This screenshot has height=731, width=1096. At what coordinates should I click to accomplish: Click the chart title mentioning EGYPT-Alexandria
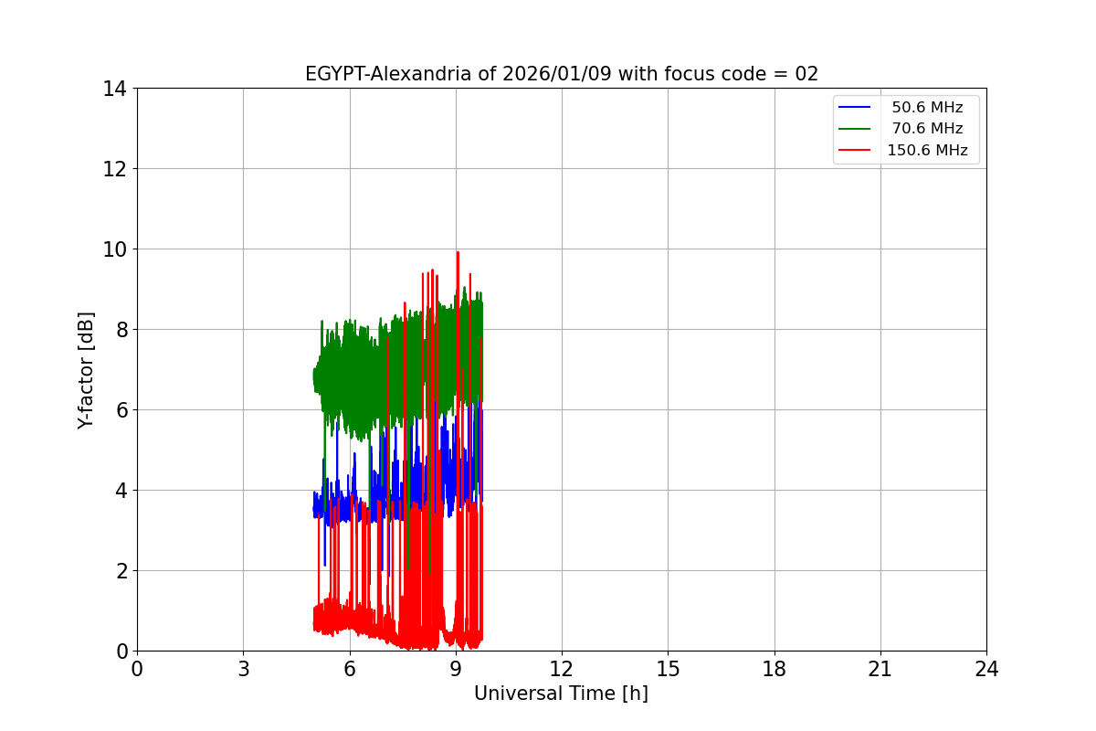click(x=561, y=74)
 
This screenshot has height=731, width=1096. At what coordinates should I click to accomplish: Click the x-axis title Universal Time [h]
click(x=561, y=694)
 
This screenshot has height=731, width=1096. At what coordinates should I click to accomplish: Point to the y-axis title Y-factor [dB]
click(x=86, y=370)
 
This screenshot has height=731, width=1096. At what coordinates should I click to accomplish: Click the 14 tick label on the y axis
click(x=114, y=89)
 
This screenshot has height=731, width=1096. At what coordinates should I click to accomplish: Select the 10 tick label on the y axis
click(x=114, y=249)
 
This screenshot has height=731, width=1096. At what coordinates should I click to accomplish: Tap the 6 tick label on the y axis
click(x=120, y=410)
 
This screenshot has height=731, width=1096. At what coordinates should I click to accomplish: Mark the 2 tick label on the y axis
click(x=120, y=571)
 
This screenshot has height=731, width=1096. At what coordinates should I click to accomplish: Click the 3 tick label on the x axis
click(x=243, y=670)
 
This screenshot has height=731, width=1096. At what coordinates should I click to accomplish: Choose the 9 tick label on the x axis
click(x=456, y=670)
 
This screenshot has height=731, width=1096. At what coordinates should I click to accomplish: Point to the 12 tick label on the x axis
click(x=562, y=670)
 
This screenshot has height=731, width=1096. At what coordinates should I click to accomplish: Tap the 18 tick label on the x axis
click(x=775, y=670)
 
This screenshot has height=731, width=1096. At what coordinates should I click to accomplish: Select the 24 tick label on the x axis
click(x=986, y=670)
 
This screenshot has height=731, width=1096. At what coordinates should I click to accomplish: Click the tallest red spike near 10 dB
click(x=458, y=253)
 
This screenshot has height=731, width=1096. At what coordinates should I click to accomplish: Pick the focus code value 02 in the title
click(x=806, y=74)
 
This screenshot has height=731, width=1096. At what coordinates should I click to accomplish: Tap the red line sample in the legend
click(x=855, y=151)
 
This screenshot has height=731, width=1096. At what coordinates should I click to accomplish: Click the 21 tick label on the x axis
click(x=880, y=670)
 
